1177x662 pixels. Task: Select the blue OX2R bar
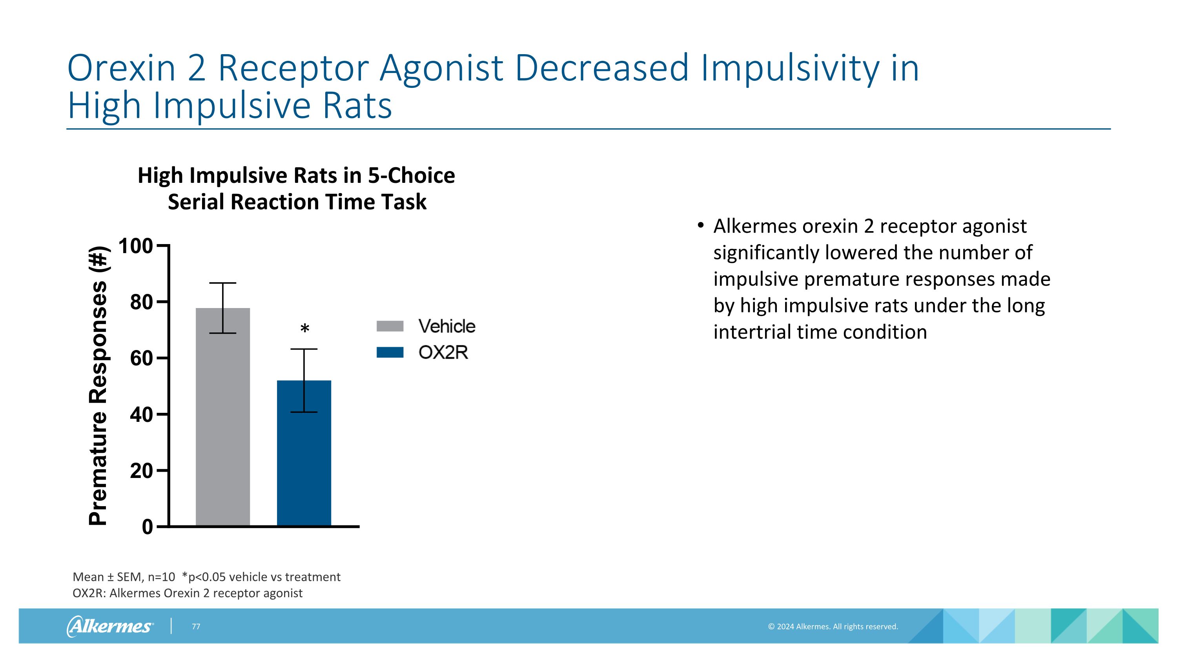(304, 461)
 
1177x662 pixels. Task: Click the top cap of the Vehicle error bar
(223, 283)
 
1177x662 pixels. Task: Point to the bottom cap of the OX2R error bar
(304, 412)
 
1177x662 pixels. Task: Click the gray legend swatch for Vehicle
(390, 326)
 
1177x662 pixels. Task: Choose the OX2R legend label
(443, 353)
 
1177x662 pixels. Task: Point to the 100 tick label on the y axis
(135, 246)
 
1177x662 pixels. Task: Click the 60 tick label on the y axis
(141, 359)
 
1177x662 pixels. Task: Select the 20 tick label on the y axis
(141, 471)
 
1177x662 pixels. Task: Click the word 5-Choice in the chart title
(411, 176)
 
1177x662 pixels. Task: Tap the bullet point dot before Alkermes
(700, 226)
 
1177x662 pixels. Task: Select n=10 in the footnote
(161, 577)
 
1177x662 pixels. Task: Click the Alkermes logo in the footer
(110, 626)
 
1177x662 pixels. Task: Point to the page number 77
(196, 627)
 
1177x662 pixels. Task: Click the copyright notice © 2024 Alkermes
(833, 627)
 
